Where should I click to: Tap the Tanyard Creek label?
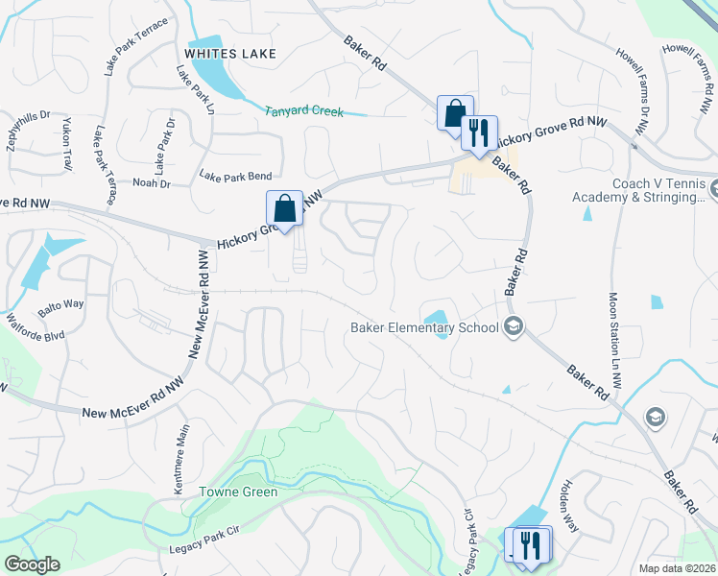click(304, 111)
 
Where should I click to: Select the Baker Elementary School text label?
click(424, 327)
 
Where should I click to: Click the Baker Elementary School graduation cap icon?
click(514, 327)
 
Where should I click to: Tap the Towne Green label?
click(238, 492)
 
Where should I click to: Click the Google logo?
click(32, 564)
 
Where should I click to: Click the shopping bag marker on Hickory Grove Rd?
click(285, 207)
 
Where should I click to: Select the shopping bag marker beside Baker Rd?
click(455, 111)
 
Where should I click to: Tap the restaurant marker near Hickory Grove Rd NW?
click(479, 132)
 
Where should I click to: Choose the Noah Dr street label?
click(151, 183)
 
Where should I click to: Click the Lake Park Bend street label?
click(235, 176)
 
